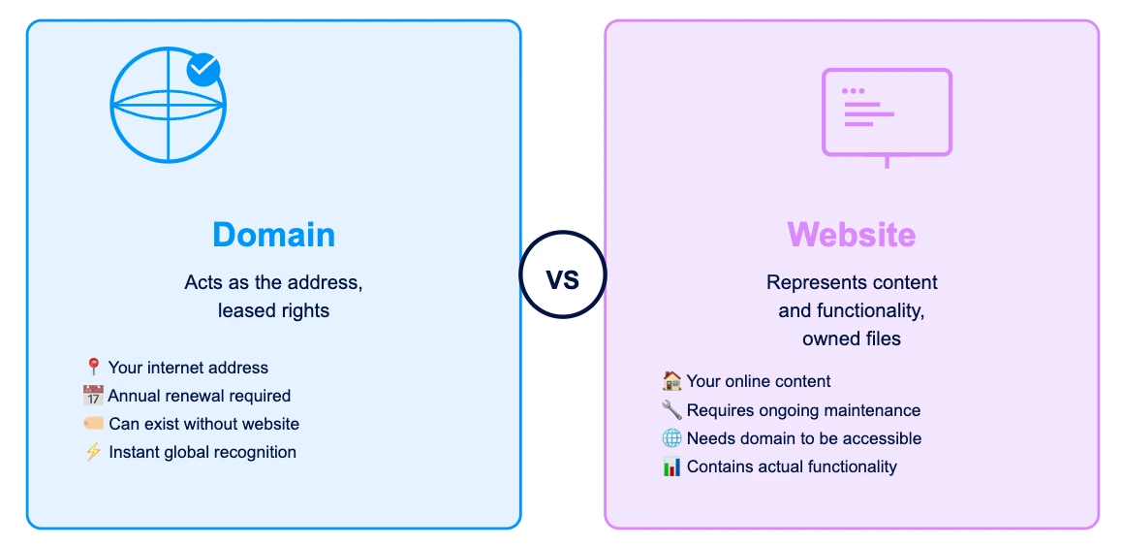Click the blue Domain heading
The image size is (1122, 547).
tap(274, 235)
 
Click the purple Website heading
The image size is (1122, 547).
tap(852, 234)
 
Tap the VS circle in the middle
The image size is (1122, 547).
tap(563, 274)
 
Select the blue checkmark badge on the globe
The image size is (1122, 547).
tap(203, 70)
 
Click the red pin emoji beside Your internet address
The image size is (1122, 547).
tap(93, 368)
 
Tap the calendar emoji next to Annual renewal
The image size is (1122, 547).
tap(93, 396)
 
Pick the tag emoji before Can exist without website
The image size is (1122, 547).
tap(94, 424)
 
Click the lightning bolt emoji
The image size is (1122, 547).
tap(93, 453)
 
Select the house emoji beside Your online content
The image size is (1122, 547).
tap(671, 381)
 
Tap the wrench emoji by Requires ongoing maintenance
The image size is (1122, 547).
tap(671, 410)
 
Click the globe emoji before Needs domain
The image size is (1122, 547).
tap(671, 438)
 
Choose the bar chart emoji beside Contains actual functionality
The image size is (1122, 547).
tap(671, 467)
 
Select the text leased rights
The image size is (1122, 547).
tap(274, 311)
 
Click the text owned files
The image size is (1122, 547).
tap(852, 338)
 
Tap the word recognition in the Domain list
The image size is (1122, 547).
tap(259, 453)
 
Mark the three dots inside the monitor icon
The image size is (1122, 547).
tap(853, 91)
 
